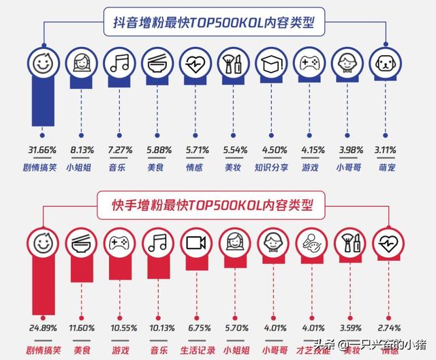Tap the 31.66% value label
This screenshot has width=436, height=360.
(x=43, y=150)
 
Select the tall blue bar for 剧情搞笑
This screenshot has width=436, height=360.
(x=43, y=102)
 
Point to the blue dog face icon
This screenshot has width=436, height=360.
(x=384, y=65)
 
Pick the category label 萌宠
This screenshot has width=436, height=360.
(x=384, y=165)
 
